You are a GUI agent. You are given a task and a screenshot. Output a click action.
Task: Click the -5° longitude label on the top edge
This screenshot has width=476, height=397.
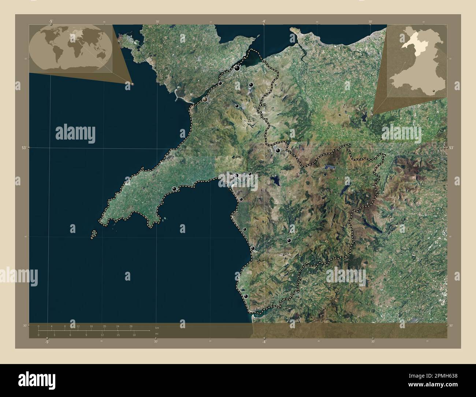click(x=51, y=21)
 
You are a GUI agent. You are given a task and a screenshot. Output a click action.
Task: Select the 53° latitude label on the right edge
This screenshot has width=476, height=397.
click(x=451, y=148)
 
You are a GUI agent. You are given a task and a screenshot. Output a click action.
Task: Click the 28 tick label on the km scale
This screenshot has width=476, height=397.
click(x=131, y=326)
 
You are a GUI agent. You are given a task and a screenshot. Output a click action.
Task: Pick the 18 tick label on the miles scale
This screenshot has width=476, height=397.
click(x=134, y=335)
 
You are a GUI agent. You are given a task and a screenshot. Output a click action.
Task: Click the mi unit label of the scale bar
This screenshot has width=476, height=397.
click(x=156, y=334)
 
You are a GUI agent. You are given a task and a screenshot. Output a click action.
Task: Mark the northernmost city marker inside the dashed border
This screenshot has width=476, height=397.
click(x=237, y=68)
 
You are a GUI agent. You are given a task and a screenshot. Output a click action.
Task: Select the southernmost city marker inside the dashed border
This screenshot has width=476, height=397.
click(x=246, y=296)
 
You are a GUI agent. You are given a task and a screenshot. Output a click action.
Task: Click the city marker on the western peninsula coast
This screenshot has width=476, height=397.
click(x=174, y=189)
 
